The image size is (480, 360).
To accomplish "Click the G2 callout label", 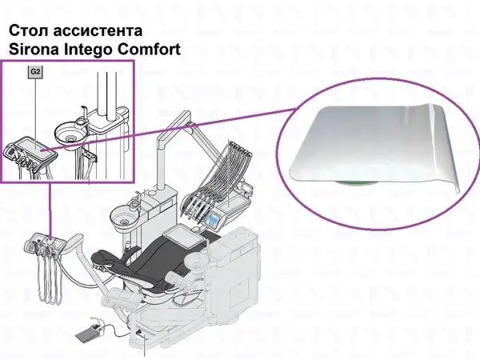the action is (35, 72).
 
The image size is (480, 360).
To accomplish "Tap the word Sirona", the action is (34, 50).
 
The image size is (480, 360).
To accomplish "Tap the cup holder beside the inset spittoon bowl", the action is (81, 122).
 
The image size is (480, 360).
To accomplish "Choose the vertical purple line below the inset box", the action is (50, 210).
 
